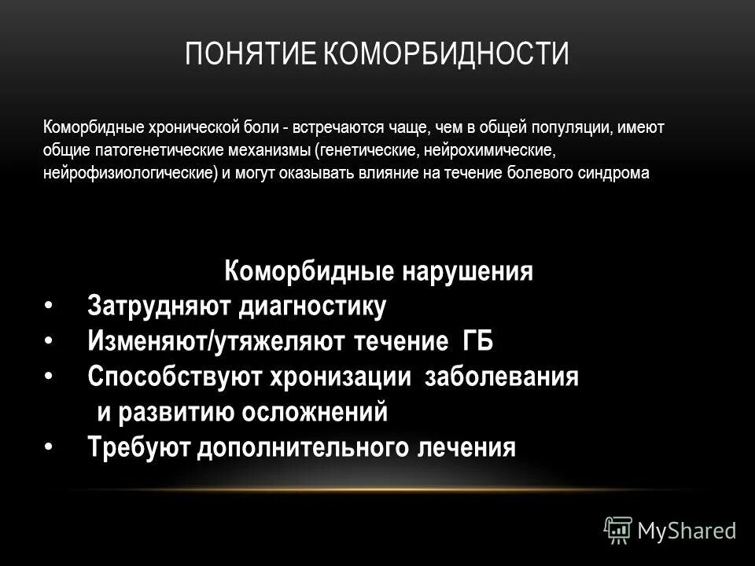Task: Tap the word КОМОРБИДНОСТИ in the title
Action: click(447, 55)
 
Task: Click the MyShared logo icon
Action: click(618, 529)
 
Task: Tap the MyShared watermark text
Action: click(687, 531)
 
